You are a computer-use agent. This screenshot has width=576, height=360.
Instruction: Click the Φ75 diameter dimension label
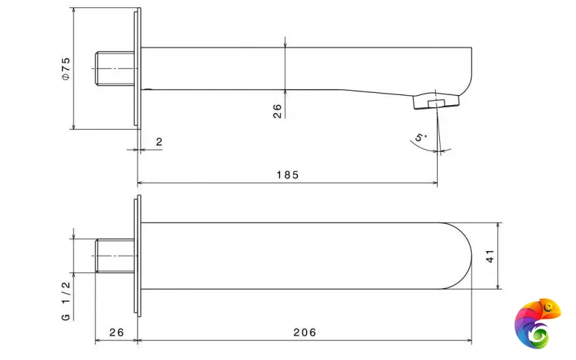(x=66, y=68)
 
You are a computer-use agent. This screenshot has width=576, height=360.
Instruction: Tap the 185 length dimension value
(x=287, y=175)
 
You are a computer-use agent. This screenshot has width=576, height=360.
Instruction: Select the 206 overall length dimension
(x=305, y=333)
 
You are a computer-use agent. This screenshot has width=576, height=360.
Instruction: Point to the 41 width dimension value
(x=490, y=256)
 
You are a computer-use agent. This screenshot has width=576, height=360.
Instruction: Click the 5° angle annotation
(x=421, y=138)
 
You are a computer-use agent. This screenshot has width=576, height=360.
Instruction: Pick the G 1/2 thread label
(x=66, y=301)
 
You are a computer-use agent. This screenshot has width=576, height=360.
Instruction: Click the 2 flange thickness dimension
(x=159, y=142)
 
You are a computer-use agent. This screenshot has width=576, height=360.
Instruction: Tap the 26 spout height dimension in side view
(x=277, y=111)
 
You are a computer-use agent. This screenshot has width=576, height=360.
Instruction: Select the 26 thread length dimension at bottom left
(x=117, y=333)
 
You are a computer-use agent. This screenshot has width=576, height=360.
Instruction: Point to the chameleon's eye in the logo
(x=549, y=307)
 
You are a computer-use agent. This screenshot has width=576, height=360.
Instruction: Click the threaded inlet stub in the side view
(x=115, y=68)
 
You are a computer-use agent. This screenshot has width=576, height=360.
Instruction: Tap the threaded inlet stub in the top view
(x=115, y=256)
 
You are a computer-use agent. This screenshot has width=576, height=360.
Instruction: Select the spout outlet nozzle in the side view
(x=436, y=102)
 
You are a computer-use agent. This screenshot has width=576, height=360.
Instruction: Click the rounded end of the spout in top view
(x=456, y=256)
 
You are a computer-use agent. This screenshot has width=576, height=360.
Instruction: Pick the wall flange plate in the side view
(x=138, y=68)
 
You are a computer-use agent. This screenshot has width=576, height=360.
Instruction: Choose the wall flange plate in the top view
(x=138, y=256)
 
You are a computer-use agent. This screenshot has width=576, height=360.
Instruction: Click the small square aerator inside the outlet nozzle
(x=436, y=103)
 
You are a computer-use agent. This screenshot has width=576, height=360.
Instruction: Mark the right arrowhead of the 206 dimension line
(x=469, y=341)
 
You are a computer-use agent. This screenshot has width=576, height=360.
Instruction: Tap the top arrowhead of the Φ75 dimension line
(x=74, y=11)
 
